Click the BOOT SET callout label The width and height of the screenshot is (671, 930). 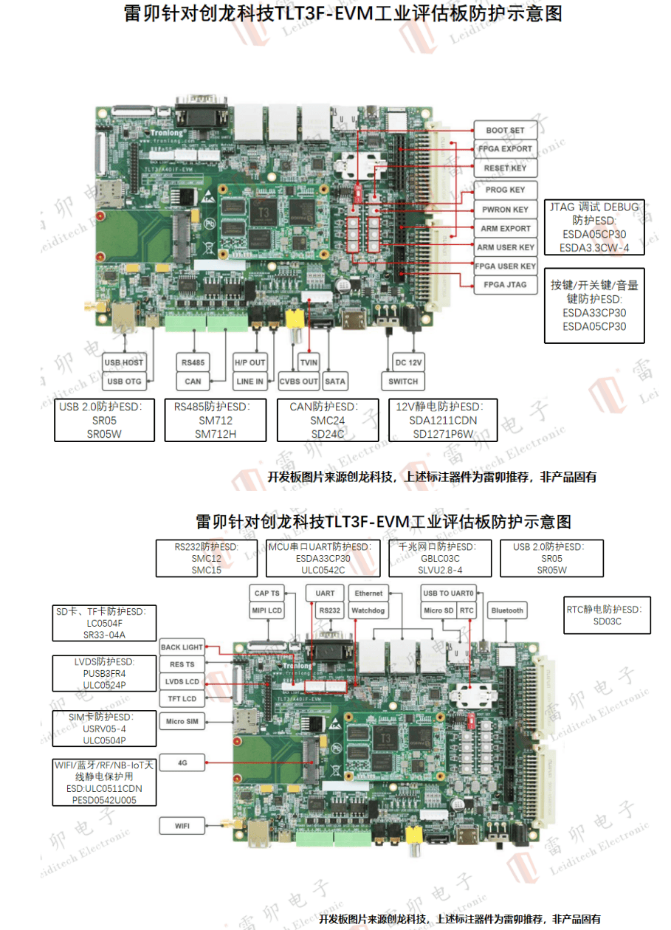505,131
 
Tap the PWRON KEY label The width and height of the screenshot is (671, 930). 505,210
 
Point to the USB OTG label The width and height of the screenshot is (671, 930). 124,382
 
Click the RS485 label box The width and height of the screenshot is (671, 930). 193,362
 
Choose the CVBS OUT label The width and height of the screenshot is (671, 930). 298,382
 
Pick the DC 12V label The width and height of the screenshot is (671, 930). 408,362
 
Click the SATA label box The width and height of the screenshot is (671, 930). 334,382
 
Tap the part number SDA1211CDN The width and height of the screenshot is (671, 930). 443,421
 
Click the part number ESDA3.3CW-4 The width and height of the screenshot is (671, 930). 594,248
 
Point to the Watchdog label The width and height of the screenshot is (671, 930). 368,610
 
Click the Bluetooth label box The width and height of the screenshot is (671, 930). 507,610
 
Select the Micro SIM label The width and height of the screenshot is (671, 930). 182,722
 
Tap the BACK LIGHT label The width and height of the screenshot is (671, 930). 182,647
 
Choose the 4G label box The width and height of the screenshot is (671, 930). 182,762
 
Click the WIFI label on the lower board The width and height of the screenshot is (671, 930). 182,826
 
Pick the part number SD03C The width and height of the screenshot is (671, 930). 607,621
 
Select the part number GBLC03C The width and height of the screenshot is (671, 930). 439,559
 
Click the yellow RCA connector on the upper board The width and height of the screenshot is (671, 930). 295,320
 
